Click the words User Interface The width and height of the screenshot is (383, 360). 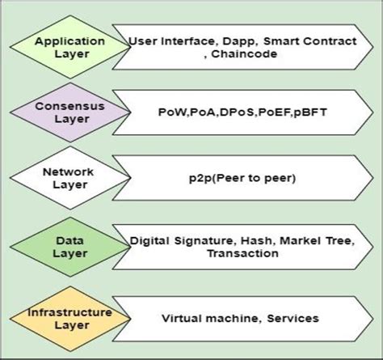click(x=169, y=39)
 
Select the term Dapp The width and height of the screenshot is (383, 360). click(x=244, y=39)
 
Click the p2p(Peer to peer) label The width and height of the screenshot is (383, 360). click(x=243, y=176)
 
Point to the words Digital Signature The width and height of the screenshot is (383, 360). click(x=181, y=240)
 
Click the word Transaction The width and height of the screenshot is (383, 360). click(x=242, y=254)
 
